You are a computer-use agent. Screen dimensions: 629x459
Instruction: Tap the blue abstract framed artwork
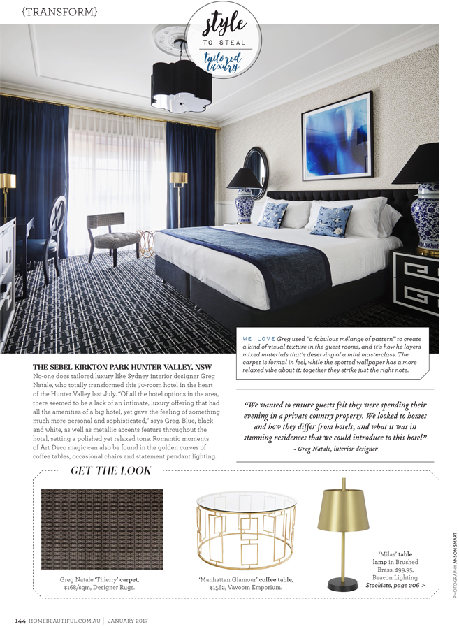pyautogui.click(x=336, y=138)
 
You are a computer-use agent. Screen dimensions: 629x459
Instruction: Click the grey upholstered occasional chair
pyautogui.click(x=112, y=235)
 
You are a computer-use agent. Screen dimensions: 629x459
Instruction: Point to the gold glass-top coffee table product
pyautogui.click(x=246, y=532)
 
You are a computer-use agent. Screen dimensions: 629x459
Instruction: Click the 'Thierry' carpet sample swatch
pyautogui.click(x=102, y=529)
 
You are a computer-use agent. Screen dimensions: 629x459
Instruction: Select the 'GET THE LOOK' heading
pyautogui.click(x=111, y=471)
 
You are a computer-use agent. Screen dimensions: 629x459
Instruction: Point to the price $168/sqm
pyautogui.click(x=81, y=588)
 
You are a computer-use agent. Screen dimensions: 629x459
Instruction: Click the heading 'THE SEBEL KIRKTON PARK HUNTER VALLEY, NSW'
pyautogui.click(x=122, y=367)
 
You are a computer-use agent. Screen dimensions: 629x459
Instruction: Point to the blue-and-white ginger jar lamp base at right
pyautogui.click(x=425, y=216)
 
